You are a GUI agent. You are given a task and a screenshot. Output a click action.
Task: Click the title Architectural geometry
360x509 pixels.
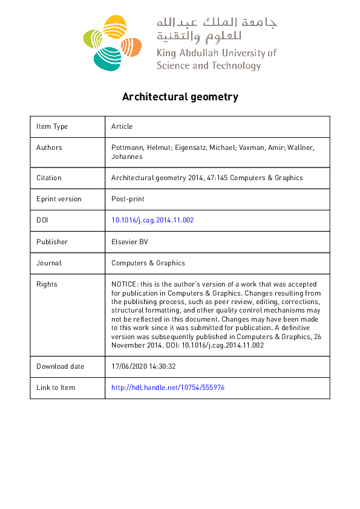(180, 97)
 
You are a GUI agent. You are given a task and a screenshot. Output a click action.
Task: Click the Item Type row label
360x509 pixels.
(52, 126)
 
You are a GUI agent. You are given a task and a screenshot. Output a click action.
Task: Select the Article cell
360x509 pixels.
(122, 126)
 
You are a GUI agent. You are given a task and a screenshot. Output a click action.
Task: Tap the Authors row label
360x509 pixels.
(49, 148)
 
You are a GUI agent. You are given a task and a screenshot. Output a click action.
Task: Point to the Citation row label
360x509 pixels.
(48, 178)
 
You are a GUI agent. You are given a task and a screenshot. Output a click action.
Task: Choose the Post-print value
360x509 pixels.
(128, 199)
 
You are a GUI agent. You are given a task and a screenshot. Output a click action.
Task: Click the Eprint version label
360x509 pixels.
(59, 199)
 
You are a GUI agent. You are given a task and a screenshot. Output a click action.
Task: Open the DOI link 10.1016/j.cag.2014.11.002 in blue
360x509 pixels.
(152, 220)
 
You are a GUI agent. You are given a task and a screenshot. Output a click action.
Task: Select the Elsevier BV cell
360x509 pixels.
(129, 242)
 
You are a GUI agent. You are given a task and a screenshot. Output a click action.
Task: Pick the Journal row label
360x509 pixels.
(48, 263)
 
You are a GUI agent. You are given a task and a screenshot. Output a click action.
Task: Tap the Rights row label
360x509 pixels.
(47, 284)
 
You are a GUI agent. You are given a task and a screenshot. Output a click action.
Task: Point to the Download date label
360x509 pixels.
(61, 366)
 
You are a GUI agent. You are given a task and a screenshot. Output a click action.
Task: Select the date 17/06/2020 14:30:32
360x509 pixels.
(143, 366)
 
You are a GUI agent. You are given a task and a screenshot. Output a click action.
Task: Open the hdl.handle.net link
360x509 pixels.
(168, 387)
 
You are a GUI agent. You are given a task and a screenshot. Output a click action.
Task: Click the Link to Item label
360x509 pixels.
(56, 387)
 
